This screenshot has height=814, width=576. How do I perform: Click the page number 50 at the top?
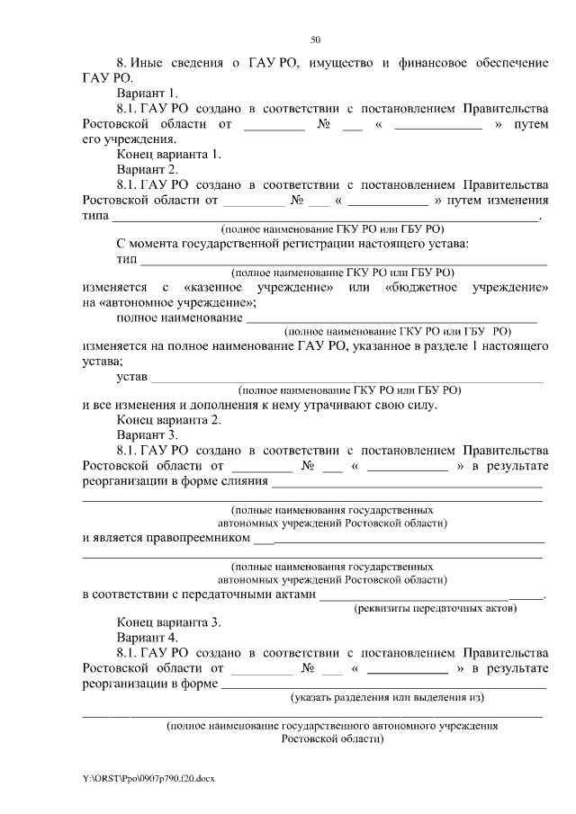(315, 40)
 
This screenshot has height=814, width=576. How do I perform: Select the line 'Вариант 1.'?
(148, 93)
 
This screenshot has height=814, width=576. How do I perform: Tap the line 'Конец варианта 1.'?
(168, 154)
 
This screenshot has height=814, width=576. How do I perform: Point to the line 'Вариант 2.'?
(148, 169)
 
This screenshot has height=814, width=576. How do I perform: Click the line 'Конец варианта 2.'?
(168, 419)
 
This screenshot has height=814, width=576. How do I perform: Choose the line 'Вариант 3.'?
(148, 434)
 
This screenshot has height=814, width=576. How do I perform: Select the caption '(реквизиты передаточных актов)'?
(434, 608)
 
